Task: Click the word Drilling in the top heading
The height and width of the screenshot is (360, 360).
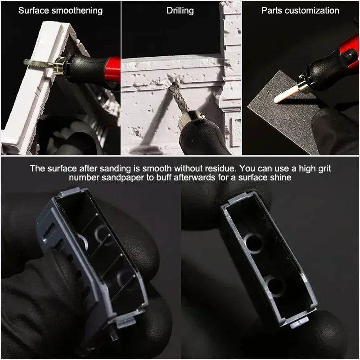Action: coord(180,11)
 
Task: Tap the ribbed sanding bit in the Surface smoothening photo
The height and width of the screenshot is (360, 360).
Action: coord(38,63)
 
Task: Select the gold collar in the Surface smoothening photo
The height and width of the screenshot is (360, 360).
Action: coord(60,65)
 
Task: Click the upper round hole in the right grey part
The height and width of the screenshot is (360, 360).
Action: coord(253,243)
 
